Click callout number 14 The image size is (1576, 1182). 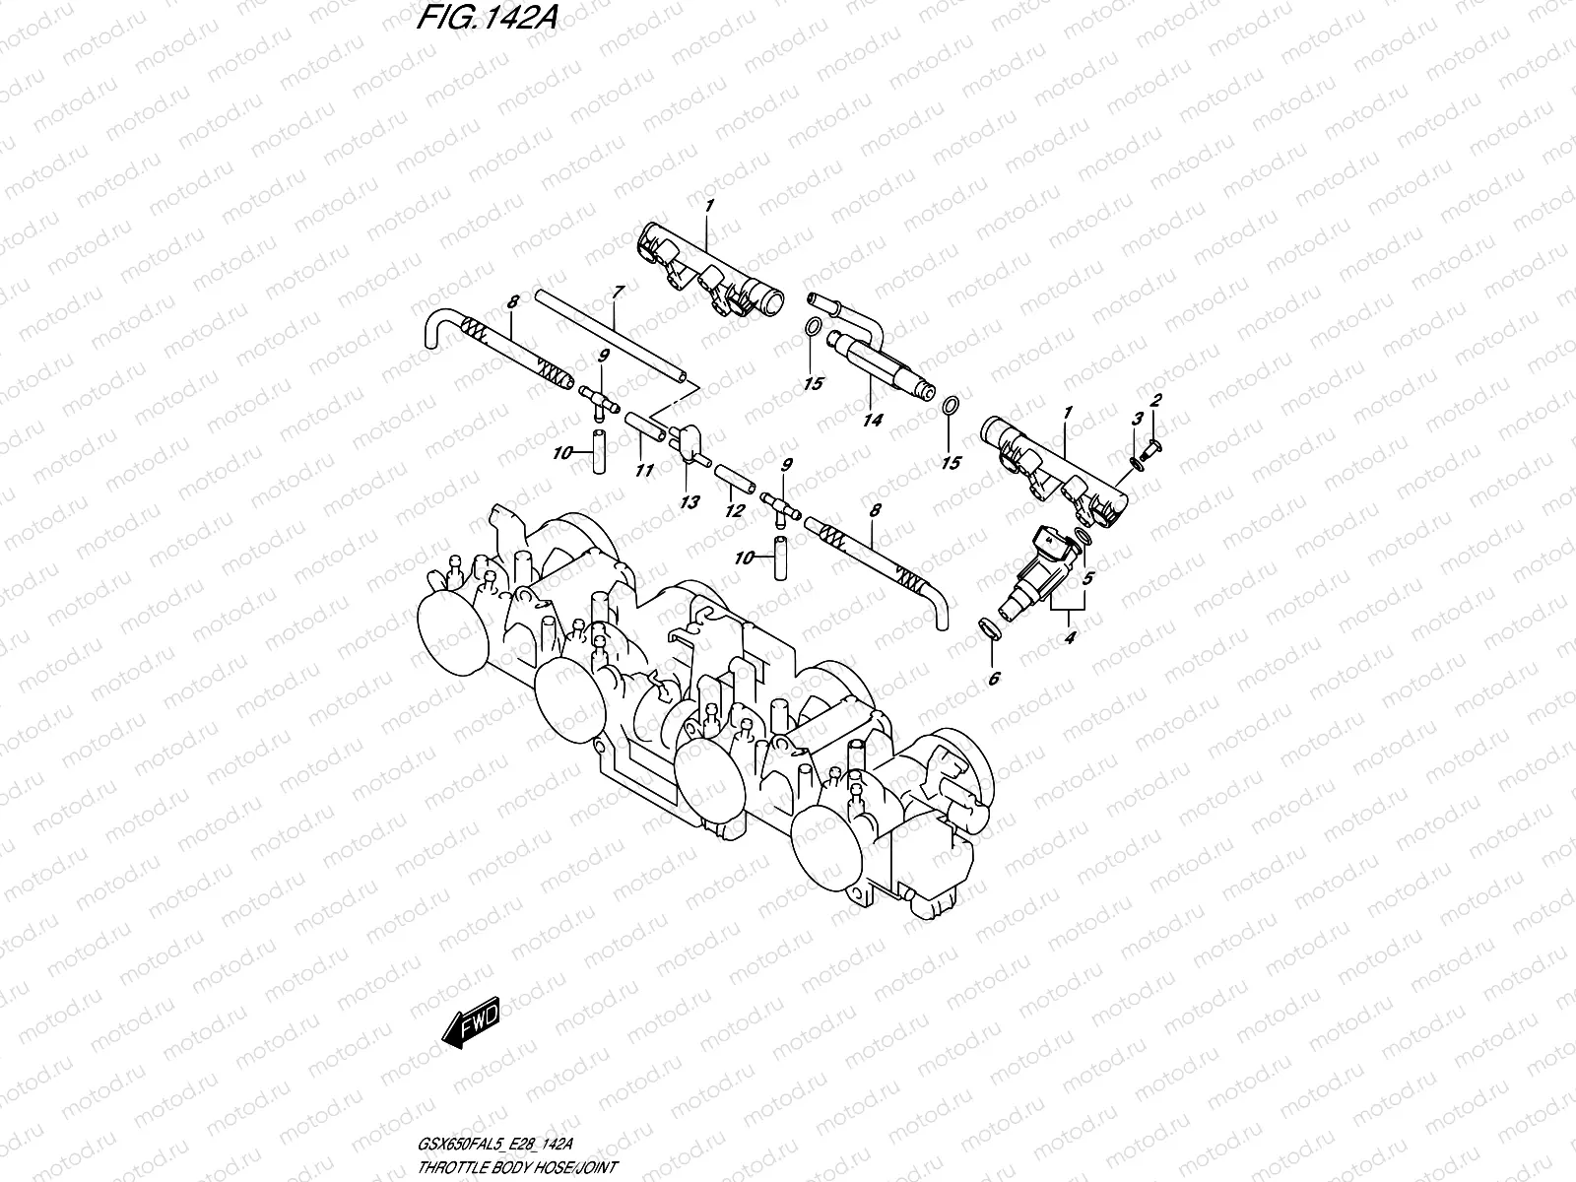(872, 420)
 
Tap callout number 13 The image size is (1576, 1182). (689, 502)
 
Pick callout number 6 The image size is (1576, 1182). (993, 678)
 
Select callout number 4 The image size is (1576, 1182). (1071, 636)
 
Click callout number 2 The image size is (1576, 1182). (1156, 400)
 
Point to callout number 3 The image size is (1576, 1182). (1136, 419)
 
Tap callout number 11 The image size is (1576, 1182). (644, 471)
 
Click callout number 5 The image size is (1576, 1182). (1088, 578)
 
